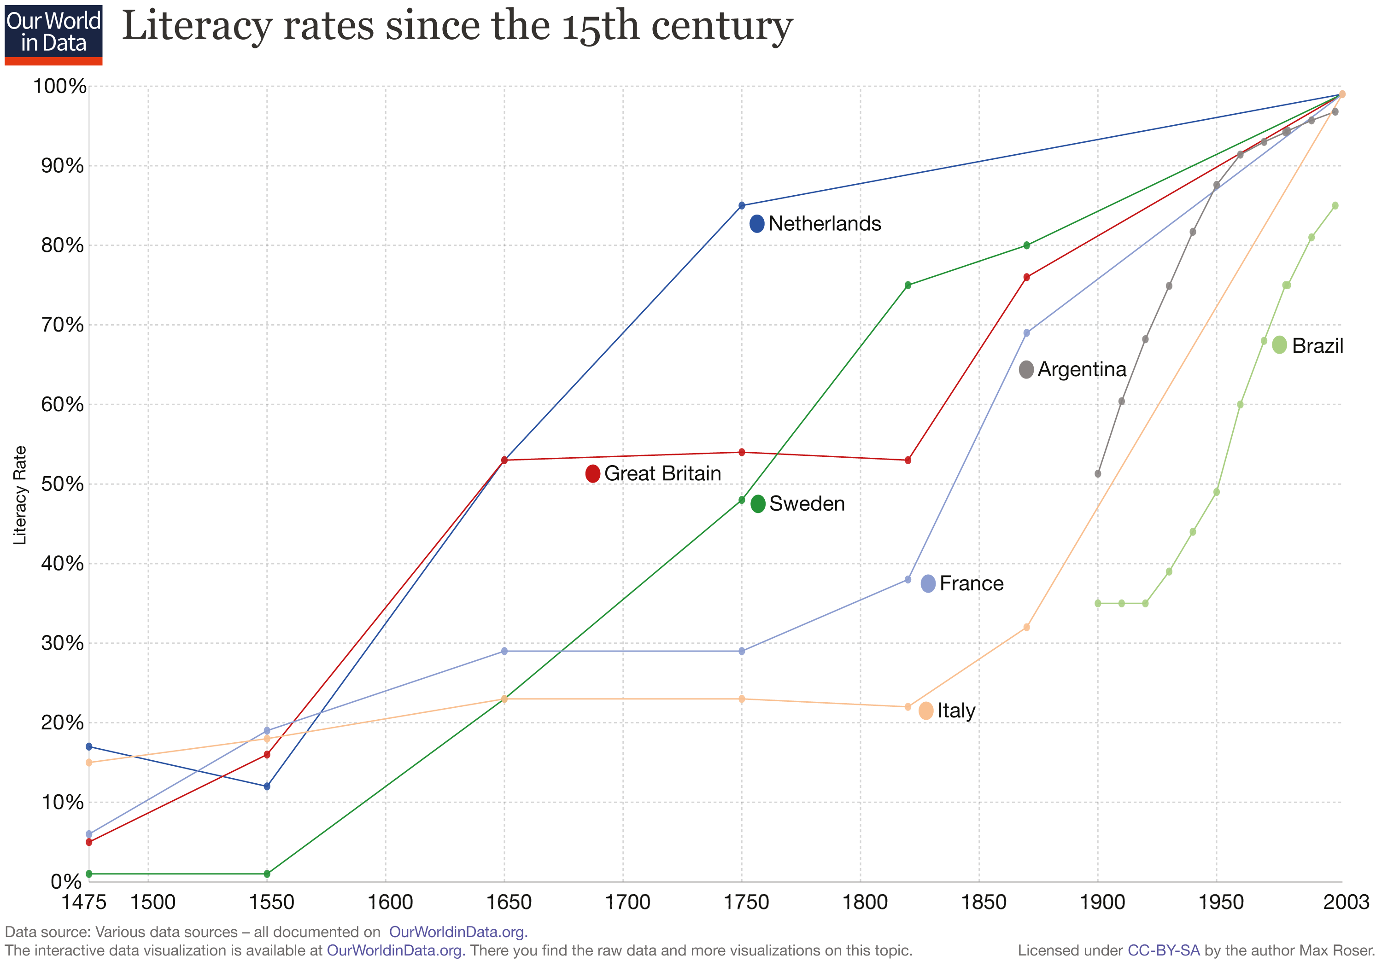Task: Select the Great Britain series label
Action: pyautogui.click(x=662, y=473)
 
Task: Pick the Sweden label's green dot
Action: pyautogui.click(x=758, y=504)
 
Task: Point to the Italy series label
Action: pyautogui.click(x=955, y=711)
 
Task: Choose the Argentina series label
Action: pyautogui.click(x=1081, y=369)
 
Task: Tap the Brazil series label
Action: pyautogui.click(x=1317, y=346)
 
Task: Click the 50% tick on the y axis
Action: pyautogui.click(x=62, y=484)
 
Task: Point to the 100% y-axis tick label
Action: pyautogui.click(x=59, y=86)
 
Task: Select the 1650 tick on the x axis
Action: pyautogui.click(x=509, y=902)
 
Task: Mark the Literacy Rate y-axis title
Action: pyautogui.click(x=20, y=495)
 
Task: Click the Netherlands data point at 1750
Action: pyautogui.click(x=742, y=206)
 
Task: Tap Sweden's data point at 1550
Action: pyautogui.click(x=267, y=874)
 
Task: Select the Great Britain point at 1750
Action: pyautogui.click(x=742, y=452)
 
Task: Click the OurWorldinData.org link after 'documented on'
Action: pyautogui.click(x=457, y=932)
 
